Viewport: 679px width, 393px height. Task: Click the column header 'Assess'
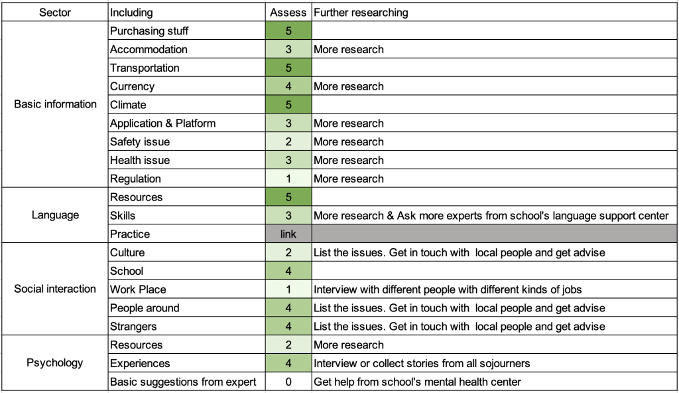pyautogui.click(x=288, y=13)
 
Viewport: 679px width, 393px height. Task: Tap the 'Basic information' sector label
pyautogui.click(x=55, y=104)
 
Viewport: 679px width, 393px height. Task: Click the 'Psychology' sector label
pyautogui.click(x=55, y=363)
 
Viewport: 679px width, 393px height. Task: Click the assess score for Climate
pyautogui.click(x=288, y=104)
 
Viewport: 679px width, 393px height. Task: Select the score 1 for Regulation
pyautogui.click(x=288, y=179)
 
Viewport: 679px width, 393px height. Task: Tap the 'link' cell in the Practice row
pyautogui.click(x=288, y=234)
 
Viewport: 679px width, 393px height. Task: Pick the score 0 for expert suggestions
pyautogui.click(x=288, y=382)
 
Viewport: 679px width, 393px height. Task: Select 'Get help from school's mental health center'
pyautogui.click(x=417, y=382)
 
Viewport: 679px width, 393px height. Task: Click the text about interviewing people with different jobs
pyautogui.click(x=448, y=289)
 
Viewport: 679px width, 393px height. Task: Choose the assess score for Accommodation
pyautogui.click(x=288, y=49)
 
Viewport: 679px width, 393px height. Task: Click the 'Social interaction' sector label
pyautogui.click(x=55, y=289)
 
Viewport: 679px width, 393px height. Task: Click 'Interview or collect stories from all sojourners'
pyautogui.click(x=421, y=364)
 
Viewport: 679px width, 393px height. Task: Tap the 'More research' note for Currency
pyautogui.click(x=349, y=86)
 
